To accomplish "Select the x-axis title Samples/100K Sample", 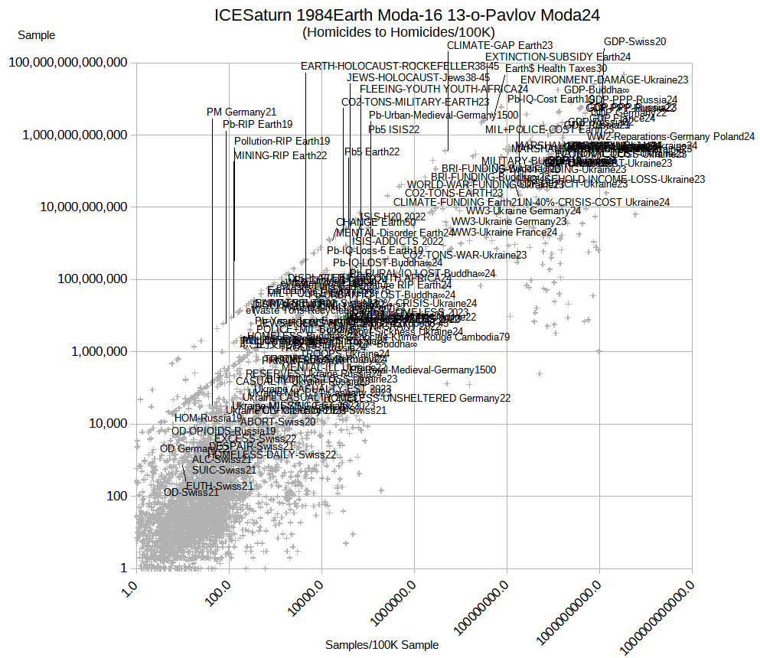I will tap(382, 645).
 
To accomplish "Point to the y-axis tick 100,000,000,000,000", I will tap(67, 63).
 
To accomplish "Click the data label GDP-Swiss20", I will tap(634, 42).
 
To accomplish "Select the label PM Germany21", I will tap(241, 112).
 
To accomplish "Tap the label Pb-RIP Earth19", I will tap(257, 124).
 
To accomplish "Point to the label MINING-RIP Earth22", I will tap(280, 155).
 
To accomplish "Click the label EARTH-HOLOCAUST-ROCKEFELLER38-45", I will tap(400, 67).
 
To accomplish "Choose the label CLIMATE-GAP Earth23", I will tap(500, 46).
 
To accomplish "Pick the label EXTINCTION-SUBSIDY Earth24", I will tap(557, 57).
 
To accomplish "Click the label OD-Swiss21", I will tap(191, 492).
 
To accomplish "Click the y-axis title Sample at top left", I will tap(36, 35).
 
